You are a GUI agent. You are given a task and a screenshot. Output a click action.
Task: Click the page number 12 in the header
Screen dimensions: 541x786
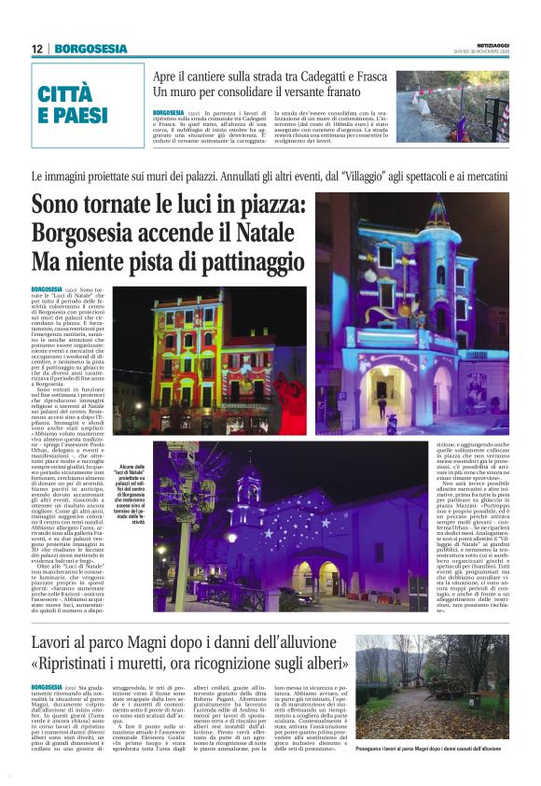point(37,49)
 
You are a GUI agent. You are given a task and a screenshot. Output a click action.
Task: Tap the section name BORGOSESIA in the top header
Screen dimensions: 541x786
point(90,49)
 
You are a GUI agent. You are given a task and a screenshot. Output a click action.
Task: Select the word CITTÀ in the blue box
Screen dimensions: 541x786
point(66,93)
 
